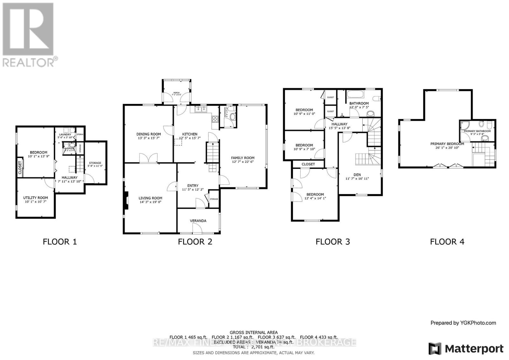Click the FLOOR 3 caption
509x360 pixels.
click(x=332, y=242)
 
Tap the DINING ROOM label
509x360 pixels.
click(x=149, y=134)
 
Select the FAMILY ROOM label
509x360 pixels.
click(x=243, y=158)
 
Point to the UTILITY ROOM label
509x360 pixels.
click(x=35, y=198)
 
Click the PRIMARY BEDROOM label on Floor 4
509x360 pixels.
click(x=447, y=144)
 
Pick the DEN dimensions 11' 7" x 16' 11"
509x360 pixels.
click(x=357, y=179)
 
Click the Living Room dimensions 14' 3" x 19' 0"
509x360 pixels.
click(x=150, y=202)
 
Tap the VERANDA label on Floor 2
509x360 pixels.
click(x=198, y=221)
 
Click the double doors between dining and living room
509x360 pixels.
click(x=149, y=158)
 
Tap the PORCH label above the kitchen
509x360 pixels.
click(x=176, y=93)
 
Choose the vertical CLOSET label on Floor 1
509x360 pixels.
click(x=20, y=167)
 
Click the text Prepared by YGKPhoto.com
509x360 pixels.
click(x=463, y=323)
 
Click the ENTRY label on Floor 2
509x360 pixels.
click(x=192, y=186)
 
